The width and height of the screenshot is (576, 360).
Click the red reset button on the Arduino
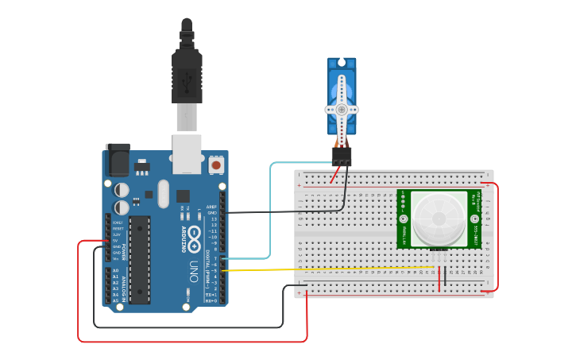(x=215, y=165)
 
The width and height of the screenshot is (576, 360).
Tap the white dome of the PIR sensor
(x=439, y=218)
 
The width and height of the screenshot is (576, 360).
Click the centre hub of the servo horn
(x=342, y=110)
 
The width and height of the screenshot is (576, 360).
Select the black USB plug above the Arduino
(x=186, y=75)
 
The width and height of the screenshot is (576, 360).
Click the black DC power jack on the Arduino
(x=118, y=161)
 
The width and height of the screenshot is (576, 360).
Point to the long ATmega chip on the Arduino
(x=139, y=260)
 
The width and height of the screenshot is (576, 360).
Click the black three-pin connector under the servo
(x=342, y=156)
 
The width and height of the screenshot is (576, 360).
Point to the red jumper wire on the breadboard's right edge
(x=497, y=238)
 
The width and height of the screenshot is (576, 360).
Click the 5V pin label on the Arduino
(x=116, y=241)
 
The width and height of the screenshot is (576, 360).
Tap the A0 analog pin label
(x=116, y=271)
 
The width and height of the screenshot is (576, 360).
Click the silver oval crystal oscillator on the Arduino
(x=164, y=193)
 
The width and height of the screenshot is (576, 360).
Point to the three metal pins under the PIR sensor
(x=439, y=254)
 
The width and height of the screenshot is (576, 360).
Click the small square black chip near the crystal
(x=184, y=195)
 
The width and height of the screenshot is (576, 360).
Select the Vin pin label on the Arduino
(x=116, y=258)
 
